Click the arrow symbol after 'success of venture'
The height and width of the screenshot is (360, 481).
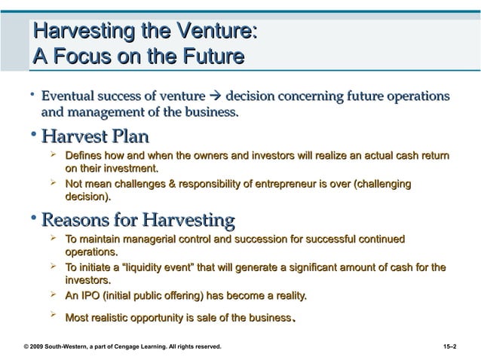215,96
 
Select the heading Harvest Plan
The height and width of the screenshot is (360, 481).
95,137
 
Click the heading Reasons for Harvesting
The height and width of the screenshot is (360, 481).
138,221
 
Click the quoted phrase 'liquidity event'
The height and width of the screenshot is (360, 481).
147,267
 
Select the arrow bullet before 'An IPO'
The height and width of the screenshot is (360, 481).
54,294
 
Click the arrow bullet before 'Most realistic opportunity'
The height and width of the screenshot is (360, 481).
54,316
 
